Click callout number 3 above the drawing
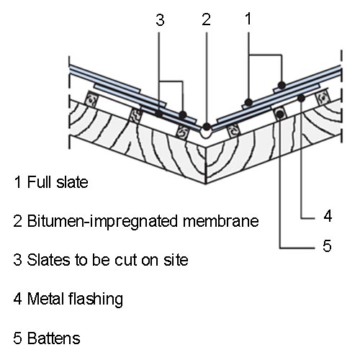[160, 19]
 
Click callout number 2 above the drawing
[206, 19]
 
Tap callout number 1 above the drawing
[248, 19]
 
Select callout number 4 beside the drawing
[328, 215]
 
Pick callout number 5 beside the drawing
[327, 246]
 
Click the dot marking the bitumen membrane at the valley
[207, 127]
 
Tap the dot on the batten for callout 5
[280, 114]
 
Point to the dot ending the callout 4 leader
[301, 98]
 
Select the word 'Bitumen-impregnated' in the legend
[102, 221]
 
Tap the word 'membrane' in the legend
[221, 221]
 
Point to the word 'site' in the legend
[176, 260]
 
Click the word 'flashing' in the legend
[96, 300]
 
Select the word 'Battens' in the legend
[53, 338]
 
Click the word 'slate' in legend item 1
[72, 182]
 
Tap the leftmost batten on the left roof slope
[91, 99]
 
